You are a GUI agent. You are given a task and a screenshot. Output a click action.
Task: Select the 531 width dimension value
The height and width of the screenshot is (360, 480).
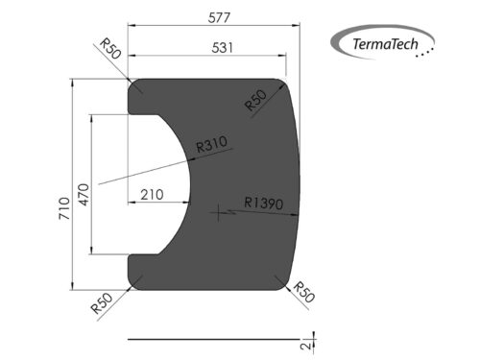pos(213,48)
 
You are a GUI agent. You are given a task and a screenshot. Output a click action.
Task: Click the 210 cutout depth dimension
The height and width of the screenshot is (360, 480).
pos(151,194)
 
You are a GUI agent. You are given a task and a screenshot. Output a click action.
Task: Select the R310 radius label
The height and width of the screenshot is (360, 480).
pos(211,145)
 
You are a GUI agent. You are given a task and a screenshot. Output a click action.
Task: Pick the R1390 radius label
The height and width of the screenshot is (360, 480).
pos(262,203)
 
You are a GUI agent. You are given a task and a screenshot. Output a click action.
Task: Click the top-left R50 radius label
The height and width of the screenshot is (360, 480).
pos(108,50)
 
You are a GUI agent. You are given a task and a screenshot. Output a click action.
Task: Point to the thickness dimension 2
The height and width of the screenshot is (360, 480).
pos(303,343)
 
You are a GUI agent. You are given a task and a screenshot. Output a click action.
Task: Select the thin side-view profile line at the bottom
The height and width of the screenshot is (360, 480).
pos(211,338)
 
